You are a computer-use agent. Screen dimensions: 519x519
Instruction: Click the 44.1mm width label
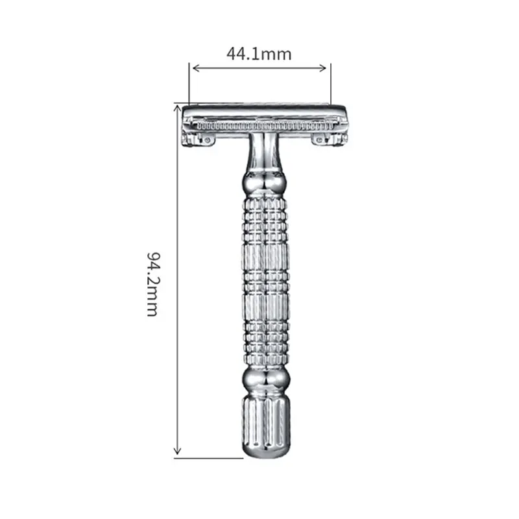coord(259,54)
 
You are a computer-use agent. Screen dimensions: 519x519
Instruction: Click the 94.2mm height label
coord(152,284)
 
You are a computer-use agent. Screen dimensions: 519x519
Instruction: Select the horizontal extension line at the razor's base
coord(208,458)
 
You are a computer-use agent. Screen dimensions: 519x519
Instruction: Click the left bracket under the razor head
coord(198,139)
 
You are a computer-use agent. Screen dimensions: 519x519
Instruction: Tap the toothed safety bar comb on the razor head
coord(265,125)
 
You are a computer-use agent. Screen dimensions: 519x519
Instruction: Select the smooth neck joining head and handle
coord(265,152)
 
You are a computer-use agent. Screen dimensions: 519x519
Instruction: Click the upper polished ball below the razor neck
coord(265,184)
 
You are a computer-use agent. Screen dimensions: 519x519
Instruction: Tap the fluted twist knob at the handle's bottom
coord(265,425)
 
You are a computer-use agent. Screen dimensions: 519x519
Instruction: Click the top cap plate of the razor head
coord(265,111)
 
